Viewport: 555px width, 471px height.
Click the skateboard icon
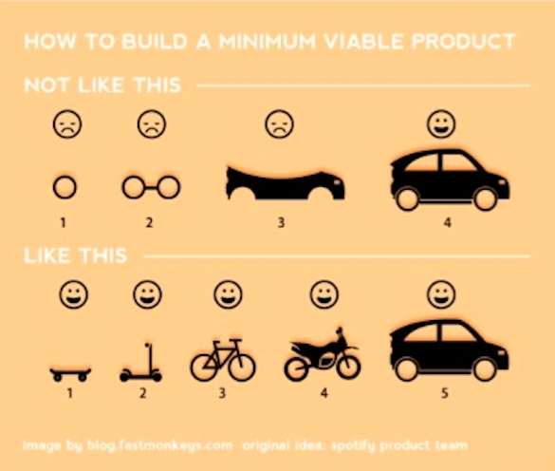(70, 373)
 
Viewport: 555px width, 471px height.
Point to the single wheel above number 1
(65, 187)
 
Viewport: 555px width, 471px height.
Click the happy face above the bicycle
(228, 293)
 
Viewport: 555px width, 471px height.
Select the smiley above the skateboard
(73, 293)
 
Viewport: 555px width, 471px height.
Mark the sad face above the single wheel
(65, 124)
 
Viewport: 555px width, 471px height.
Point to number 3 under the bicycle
(223, 391)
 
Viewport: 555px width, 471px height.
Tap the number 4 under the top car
(439, 223)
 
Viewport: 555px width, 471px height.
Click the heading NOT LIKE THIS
(102, 85)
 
